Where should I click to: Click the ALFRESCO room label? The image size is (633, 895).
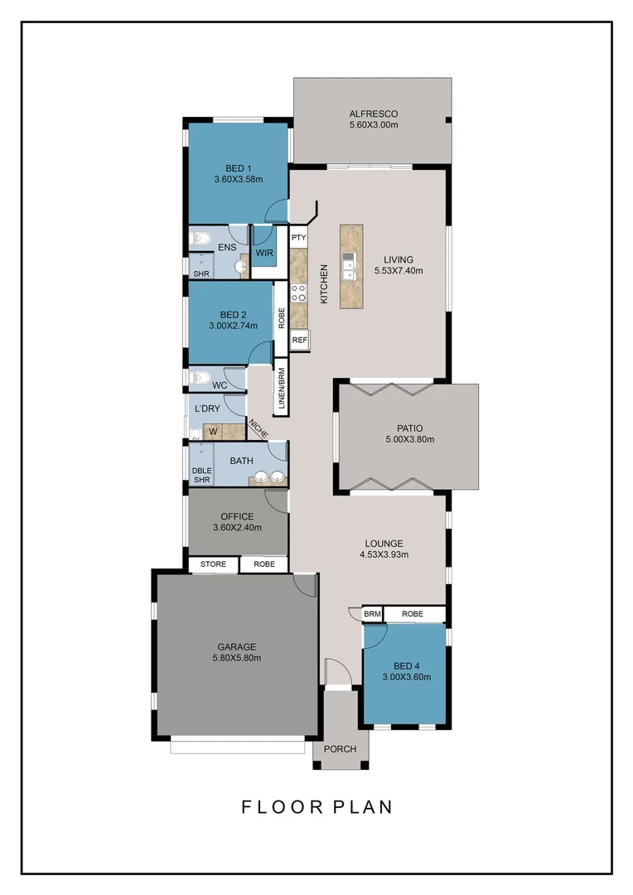373,114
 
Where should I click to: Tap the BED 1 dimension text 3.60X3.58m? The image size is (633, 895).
238,179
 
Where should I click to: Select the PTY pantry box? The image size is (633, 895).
298,237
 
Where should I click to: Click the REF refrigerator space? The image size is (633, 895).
299,340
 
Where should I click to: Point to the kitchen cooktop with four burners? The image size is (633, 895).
298,293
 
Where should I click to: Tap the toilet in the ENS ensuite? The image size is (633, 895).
199,239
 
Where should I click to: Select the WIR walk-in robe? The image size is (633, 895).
264,252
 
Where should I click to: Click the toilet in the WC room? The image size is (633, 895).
199,378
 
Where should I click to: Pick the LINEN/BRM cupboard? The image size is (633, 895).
281,388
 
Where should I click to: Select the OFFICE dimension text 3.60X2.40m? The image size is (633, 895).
237,528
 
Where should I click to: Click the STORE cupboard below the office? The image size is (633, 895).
213,564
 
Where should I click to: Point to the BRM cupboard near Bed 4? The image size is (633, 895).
372,614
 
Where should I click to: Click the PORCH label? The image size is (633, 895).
340,749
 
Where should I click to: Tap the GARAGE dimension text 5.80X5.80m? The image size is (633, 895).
237,658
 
